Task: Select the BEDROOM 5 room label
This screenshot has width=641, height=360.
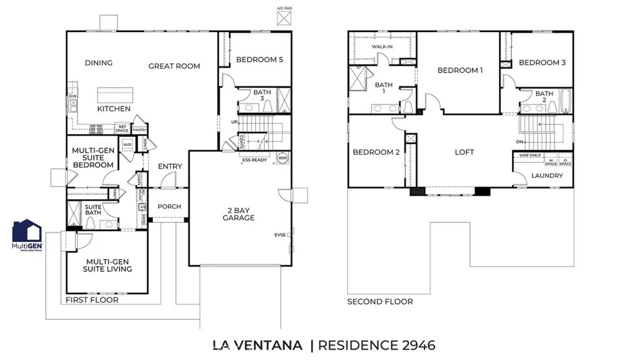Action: pos(260,59)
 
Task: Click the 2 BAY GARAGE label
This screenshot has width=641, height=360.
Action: pos(238,213)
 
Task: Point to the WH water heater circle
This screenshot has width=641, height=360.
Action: pos(282,157)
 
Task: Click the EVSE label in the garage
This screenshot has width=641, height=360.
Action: pos(280,235)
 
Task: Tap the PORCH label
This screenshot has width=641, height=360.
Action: pos(169,207)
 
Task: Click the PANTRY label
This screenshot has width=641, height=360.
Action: pos(140,130)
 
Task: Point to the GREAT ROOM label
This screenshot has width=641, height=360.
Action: pos(174,66)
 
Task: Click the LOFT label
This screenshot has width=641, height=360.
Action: pos(464,152)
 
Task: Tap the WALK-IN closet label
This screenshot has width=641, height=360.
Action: pos(382,47)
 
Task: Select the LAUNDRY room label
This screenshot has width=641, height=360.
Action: pos(547,176)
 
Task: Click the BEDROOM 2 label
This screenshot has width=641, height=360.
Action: pos(376,152)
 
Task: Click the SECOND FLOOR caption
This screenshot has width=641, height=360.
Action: pos(380,302)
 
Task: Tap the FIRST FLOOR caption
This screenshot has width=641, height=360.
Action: pos(92,300)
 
